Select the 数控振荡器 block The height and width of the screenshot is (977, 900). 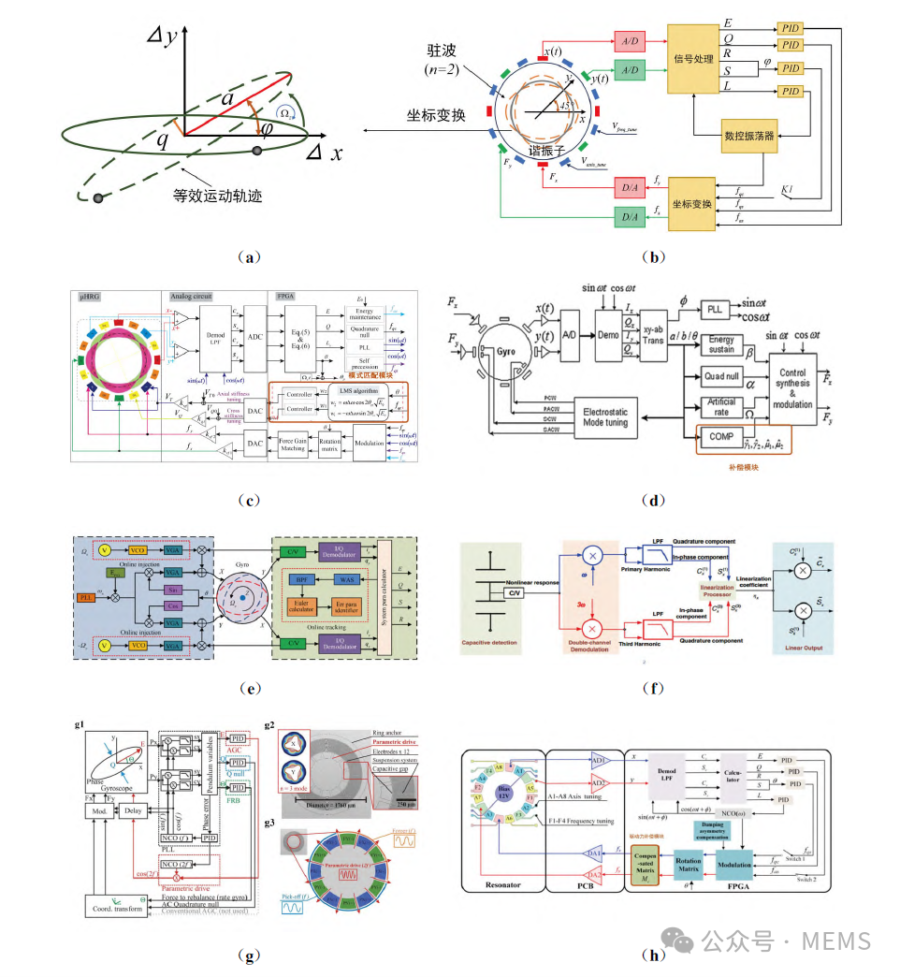749,135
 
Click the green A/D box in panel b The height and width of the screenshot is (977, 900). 628,69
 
